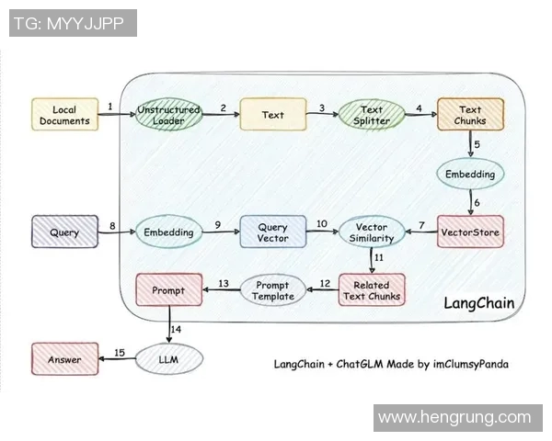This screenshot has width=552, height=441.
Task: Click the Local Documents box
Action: [x=64, y=115]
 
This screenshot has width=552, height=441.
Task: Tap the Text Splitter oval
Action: [x=372, y=115]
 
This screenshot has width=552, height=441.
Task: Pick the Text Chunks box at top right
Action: [x=470, y=115]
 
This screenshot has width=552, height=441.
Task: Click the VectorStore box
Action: [x=470, y=232]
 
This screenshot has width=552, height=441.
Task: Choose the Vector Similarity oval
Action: [x=372, y=232]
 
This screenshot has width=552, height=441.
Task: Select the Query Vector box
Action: [x=272, y=232]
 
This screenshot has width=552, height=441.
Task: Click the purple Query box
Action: [x=64, y=232]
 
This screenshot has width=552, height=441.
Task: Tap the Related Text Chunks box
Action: [x=372, y=290]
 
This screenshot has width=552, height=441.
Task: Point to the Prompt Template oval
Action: [x=273, y=290]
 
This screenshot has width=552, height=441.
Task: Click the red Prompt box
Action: [x=168, y=290]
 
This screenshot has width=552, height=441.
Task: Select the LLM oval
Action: [x=169, y=359]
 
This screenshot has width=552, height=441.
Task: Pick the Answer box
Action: [x=64, y=359]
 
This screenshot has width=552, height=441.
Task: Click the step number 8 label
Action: [x=111, y=225]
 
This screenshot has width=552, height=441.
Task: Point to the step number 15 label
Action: [x=119, y=352]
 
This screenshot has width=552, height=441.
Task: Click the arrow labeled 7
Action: [x=420, y=233]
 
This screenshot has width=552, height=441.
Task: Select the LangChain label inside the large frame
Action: [x=478, y=303]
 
